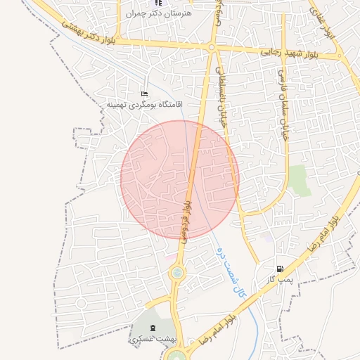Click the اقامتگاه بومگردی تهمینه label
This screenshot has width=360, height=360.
tap(144, 105)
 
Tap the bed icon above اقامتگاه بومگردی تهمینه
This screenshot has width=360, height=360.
tap(145, 94)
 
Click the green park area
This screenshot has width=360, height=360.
tap(300, 181)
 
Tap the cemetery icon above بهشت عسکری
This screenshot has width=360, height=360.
tap(155, 328)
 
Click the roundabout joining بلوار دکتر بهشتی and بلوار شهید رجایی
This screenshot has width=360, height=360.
tap(212, 48)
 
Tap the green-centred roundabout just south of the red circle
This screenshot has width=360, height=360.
tap(176, 271)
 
